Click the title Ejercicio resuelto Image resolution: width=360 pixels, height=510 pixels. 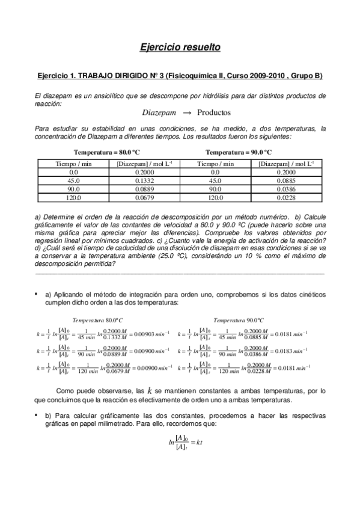180,46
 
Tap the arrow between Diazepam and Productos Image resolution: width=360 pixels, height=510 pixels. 186,112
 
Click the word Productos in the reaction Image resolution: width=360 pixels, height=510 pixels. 214,112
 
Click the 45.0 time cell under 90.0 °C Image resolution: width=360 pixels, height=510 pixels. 215,180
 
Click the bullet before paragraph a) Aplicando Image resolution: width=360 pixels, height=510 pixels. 37,293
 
